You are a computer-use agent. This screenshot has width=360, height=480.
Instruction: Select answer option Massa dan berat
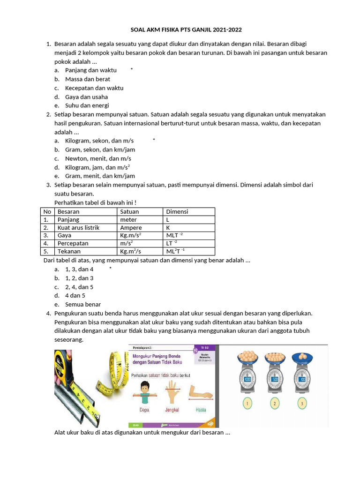pyautogui.click(x=87, y=79)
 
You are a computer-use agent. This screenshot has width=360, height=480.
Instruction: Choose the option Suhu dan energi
pyautogui.click(x=87, y=105)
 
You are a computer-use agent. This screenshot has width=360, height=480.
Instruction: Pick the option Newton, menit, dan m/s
pyautogui.click(x=98, y=158)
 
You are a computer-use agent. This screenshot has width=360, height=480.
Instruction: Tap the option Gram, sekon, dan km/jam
pyautogui.click(x=100, y=150)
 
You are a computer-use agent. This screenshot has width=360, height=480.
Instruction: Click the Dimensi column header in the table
pyautogui.click(x=177, y=211)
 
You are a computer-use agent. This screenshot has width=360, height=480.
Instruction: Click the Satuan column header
pyautogui.click(x=129, y=211)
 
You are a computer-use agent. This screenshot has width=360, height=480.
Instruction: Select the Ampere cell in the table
pyautogui.click(x=131, y=227)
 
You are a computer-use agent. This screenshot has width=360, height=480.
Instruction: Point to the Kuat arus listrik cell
pyautogui.click(x=78, y=227)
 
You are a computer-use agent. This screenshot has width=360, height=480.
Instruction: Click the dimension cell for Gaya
pyautogui.click(x=174, y=235)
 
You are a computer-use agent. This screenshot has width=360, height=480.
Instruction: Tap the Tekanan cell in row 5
pyautogui.click(x=69, y=251)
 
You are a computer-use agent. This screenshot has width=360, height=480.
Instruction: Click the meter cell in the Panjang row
pyautogui.click(x=128, y=219)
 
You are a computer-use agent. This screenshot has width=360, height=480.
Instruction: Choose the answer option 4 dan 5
pyautogui.click(x=75, y=296)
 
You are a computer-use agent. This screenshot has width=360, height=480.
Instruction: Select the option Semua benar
pyautogui.click(x=83, y=304)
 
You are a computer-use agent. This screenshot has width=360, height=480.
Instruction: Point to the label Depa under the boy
pyautogui.click(x=145, y=409)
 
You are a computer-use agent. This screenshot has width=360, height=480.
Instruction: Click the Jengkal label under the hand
pyautogui.click(x=172, y=409)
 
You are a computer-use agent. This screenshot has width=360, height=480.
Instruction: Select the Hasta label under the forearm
pyautogui.click(x=201, y=409)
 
